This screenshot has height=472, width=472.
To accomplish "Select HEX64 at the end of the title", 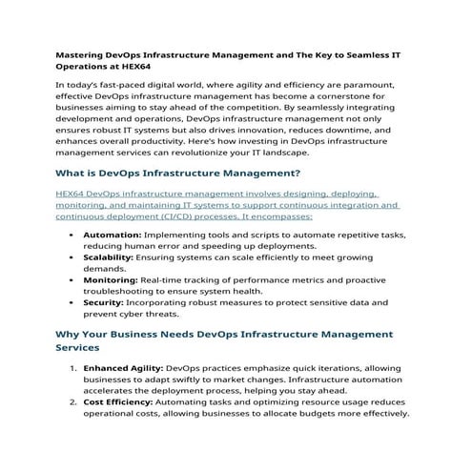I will pos(134,69).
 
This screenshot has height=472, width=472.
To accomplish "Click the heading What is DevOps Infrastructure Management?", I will pos(178,174).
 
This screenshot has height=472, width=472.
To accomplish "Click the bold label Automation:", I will pos(113,234).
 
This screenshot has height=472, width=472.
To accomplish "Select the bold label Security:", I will pos(103,301).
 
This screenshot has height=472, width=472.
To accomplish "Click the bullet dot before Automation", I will pos(72,234).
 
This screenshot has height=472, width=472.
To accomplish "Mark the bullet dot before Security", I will pos(72,301).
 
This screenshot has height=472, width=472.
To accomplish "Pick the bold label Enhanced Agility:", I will pos(123,367).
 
